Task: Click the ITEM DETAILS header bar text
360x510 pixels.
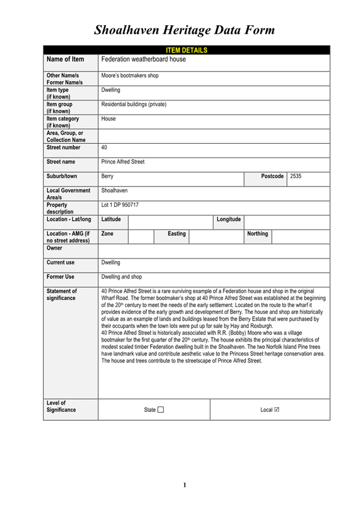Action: [186, 50]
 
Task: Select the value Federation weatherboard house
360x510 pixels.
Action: [144, 60]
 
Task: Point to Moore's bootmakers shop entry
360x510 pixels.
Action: [130, 76]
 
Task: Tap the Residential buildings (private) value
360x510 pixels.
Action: [134, 105]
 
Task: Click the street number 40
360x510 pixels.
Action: [105, 147]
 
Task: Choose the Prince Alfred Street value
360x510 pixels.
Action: [123, 162]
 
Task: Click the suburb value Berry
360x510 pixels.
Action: [108, 177]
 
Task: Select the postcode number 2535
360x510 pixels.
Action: [296, 176]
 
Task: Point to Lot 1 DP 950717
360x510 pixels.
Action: [120, 205]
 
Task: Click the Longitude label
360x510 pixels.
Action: [228, 220]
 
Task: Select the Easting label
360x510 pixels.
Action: [177, 233]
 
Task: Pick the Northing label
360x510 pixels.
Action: [258, 233]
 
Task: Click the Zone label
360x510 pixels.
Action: [108, 233]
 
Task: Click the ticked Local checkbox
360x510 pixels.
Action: [277, 410]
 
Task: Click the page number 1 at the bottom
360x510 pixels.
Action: [185, 485]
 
